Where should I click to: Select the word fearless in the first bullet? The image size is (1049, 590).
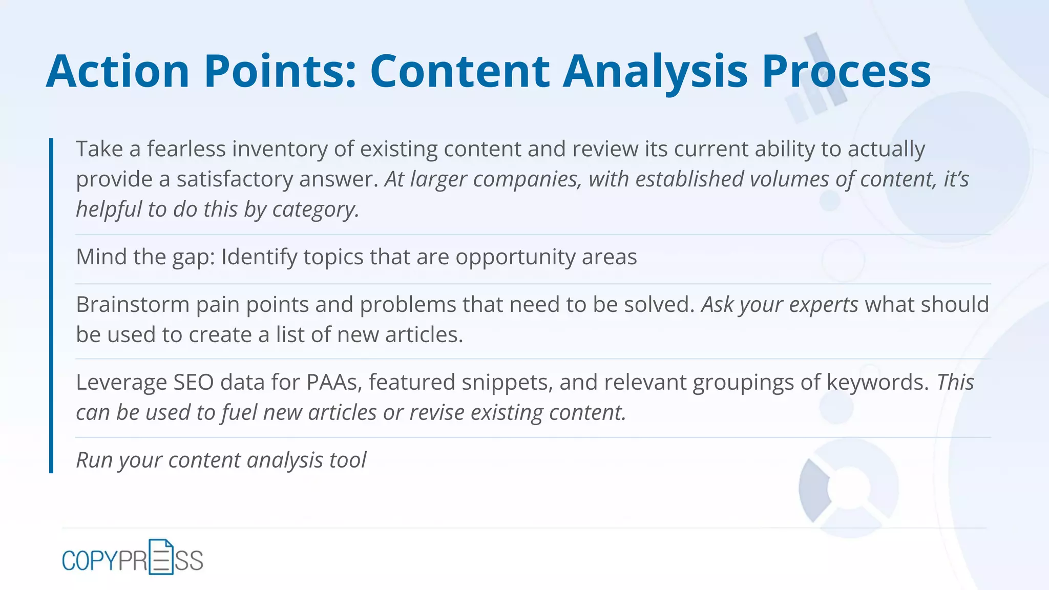coord(186,149)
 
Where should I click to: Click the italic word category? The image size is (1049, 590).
coord(314,209)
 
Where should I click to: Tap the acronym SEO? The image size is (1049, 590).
coord(194,382)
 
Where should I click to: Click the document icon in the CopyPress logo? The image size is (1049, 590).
coord(161,557)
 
